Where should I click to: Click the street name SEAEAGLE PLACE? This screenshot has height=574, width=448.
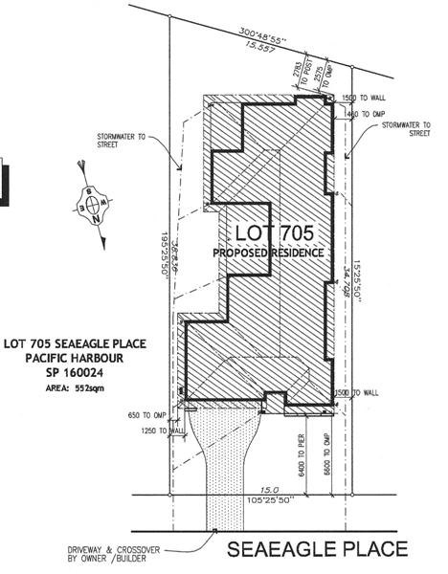[x=318, y=549]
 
